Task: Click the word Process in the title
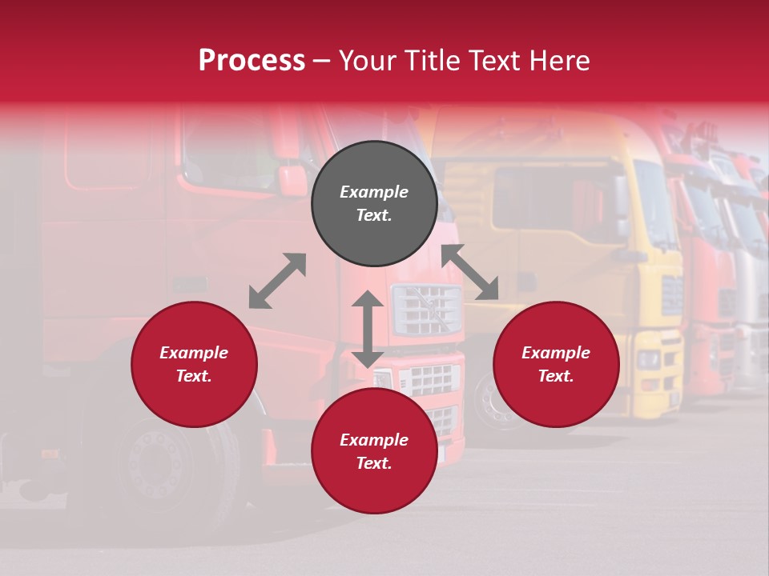[x=252, y=61]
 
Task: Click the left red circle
[x=194, y=364]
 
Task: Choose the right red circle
[x=556, y=364]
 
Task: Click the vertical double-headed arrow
[x=368, y=329]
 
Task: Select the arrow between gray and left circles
[x=277, y=281]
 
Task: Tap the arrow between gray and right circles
[x=470, y=273]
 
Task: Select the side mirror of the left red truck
[x=292, y=180]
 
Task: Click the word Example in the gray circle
[x=374, y=192]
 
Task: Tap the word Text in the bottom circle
[x=374, y=464]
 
